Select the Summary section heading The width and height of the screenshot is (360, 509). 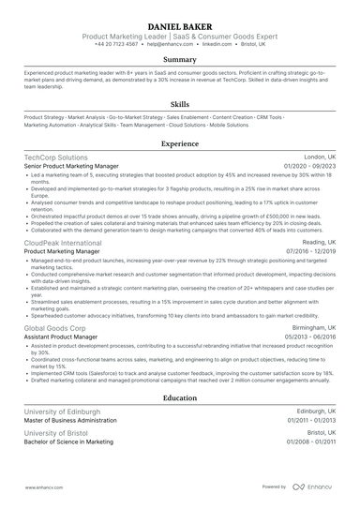[x=180, y=59]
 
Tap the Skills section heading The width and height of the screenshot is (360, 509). [x=180, y=105]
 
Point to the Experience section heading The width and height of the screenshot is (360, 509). [x=180, y=144]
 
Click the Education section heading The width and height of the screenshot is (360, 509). [x=180, y=398]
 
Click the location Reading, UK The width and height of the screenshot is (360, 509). [x=316, y=242]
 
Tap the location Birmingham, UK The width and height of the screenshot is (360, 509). [x=311, y=328]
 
